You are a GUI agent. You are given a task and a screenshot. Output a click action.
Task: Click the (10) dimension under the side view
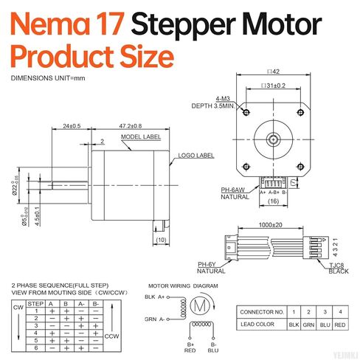coord(162,239)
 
